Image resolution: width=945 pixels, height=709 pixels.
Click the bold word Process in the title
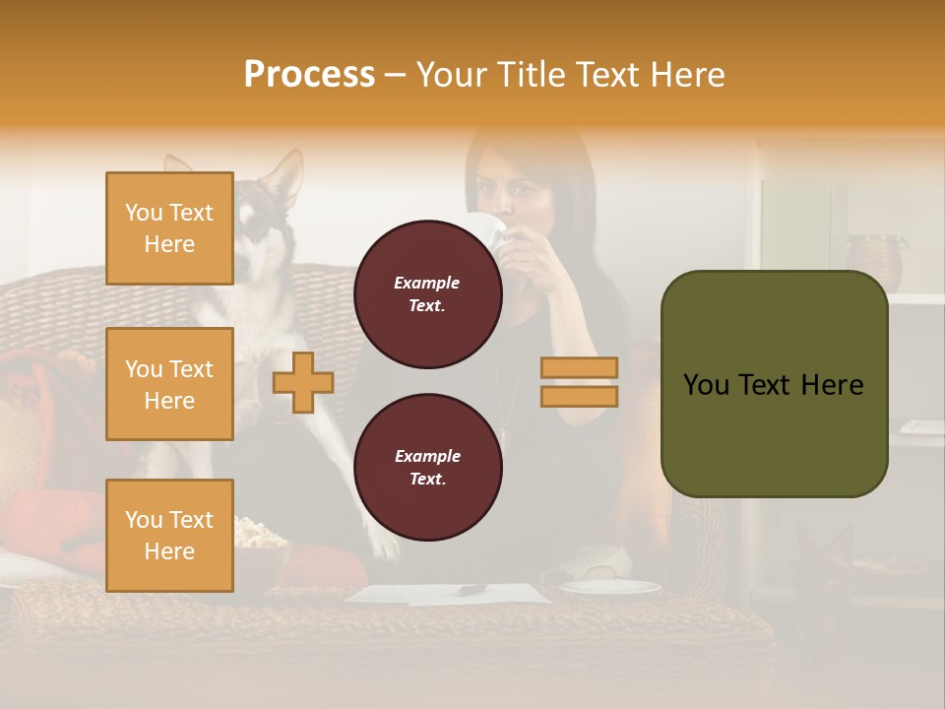[x=309, y=74]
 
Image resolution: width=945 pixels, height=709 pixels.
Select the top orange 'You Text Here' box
[x=169, y=228]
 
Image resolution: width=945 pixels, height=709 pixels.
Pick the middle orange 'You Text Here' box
[x=169, y=384]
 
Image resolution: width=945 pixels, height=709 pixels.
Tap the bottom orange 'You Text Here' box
[x=169, y=536]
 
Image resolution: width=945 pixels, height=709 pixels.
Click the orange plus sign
[x=303, y=383]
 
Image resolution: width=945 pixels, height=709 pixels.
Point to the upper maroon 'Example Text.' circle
[x=427, y=294]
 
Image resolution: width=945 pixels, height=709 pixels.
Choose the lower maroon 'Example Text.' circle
[x=427, y=468]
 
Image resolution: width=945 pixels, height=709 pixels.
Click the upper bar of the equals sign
[x=579, y=367]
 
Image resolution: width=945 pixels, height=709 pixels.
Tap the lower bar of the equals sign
[x=579, y=396]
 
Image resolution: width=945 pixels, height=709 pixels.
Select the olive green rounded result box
[x=774, y=384]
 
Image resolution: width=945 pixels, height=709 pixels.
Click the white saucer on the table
[x=610, y=587]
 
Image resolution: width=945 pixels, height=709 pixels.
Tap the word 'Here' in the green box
[x=833, y=385]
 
